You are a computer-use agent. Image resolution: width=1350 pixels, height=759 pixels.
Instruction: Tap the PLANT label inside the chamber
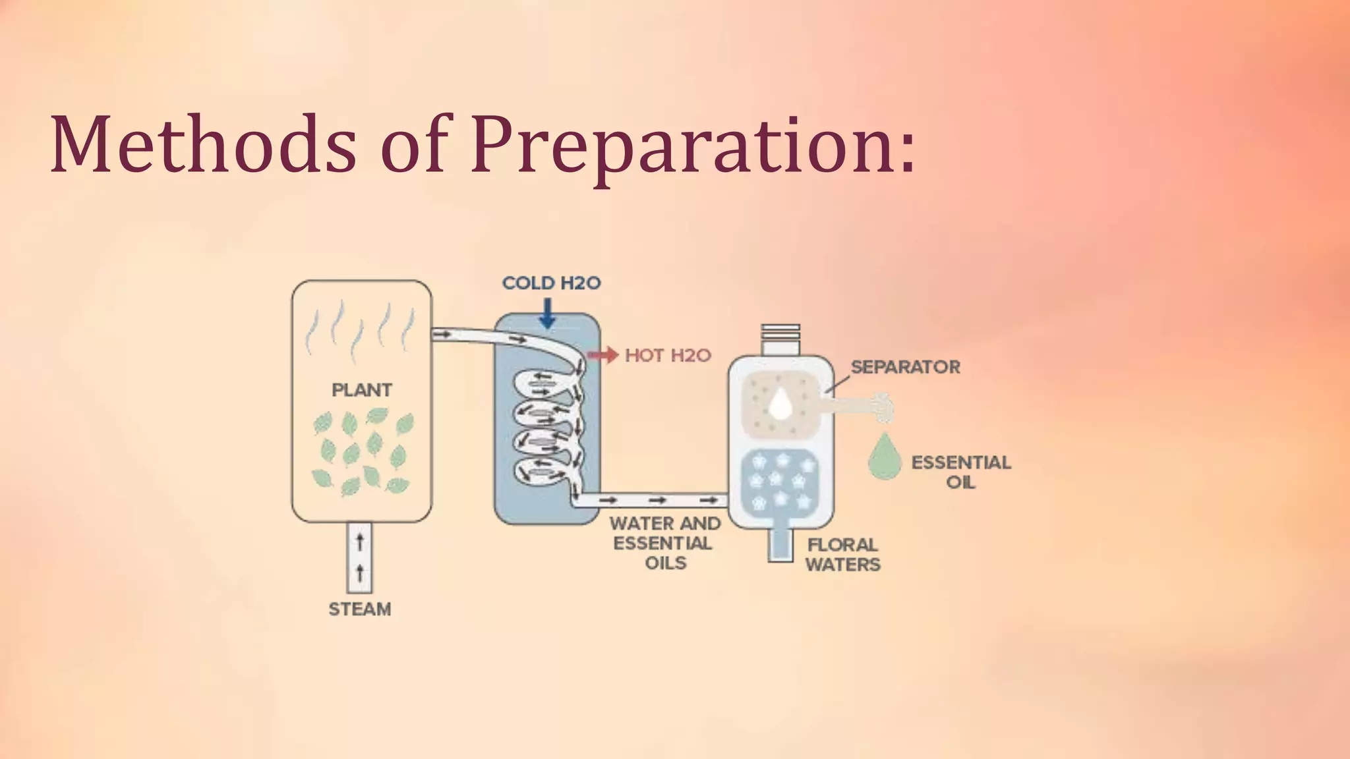[362, 390]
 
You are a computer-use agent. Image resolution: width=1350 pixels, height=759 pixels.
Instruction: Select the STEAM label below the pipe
[360, 609]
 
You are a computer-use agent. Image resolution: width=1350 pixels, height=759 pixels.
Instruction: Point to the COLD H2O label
[551, 283]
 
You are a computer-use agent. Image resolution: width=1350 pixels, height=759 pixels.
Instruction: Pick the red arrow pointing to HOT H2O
[602, 356]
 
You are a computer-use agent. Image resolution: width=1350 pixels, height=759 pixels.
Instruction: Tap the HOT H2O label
[668, 356]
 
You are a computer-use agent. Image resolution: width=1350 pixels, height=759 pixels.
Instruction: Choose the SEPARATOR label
[905, 367]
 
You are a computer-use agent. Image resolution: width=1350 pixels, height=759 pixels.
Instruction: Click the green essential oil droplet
[885, 456]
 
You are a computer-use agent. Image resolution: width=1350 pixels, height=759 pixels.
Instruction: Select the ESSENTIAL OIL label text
[960, 472]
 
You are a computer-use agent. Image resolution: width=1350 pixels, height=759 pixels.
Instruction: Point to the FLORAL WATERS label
[842, 555]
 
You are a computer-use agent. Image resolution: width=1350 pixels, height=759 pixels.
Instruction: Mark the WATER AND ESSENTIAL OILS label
[665, 543]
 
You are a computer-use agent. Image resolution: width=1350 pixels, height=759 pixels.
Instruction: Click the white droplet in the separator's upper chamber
[780, 404]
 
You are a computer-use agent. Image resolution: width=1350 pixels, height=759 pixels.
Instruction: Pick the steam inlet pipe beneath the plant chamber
[360, 557]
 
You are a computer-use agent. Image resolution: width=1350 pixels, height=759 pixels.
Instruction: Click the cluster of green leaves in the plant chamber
[363, 452]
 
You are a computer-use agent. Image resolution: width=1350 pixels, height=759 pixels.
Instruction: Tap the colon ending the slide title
[908, 152]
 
